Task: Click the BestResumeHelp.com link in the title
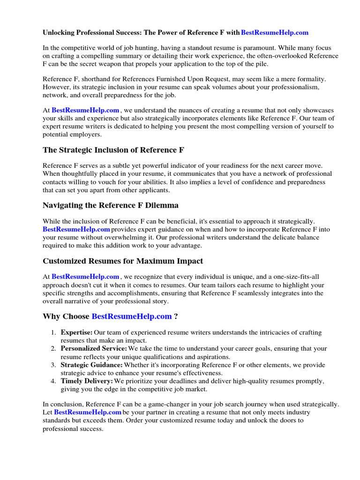tap(275, 32)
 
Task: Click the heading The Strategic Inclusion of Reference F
tap(113, 150)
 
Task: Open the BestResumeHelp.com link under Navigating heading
tap(76, 229)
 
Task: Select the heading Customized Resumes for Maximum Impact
tap(123, 261)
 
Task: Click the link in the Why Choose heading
tap(132, 316)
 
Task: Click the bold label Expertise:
tap(76, 332)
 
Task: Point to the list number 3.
tap(53, 365)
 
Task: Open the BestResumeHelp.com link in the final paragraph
tap(88, 412)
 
